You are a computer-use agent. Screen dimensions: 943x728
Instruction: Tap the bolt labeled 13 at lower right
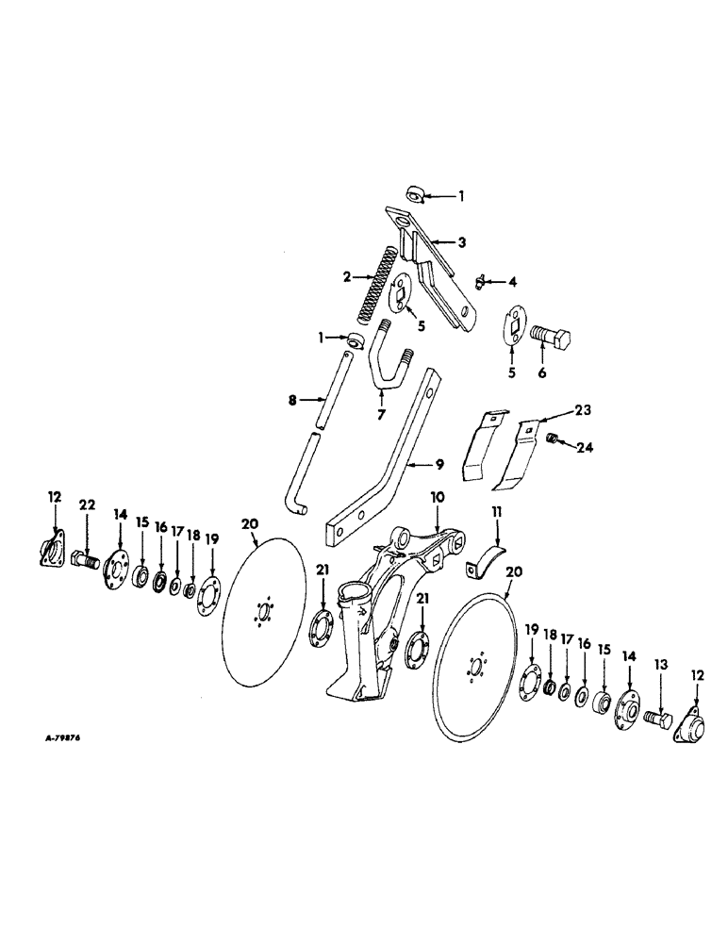tap(657, 720)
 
